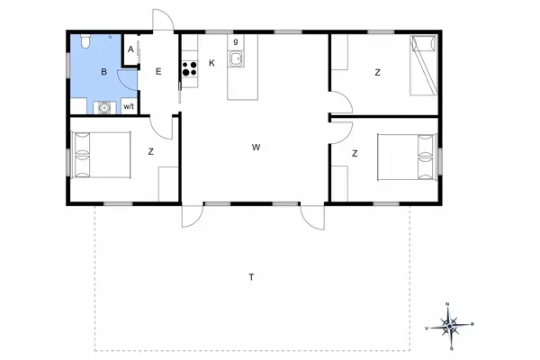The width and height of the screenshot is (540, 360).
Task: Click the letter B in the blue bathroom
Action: coord(104,71)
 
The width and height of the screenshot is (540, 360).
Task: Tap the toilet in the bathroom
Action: coord(83,40)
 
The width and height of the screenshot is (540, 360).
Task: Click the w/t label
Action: coord(129,107)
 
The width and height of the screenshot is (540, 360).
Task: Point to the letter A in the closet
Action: coord(130,50)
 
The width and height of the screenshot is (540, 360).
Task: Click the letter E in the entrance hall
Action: coord(158,71)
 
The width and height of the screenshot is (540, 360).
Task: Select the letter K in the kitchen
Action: coord(211,63)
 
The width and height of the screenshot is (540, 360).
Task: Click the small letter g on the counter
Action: coord(236,41)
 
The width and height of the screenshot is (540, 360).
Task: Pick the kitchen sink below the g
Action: coord(236,59)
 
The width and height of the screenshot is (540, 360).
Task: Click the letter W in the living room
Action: coord(256,147)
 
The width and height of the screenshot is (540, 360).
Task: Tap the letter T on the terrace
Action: coord(250,277)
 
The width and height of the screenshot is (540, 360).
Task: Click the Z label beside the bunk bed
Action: coord(377,71)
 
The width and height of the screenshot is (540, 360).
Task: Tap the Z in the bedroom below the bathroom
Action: coord(150,152)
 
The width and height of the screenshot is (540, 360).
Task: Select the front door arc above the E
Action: coord(160,20)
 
